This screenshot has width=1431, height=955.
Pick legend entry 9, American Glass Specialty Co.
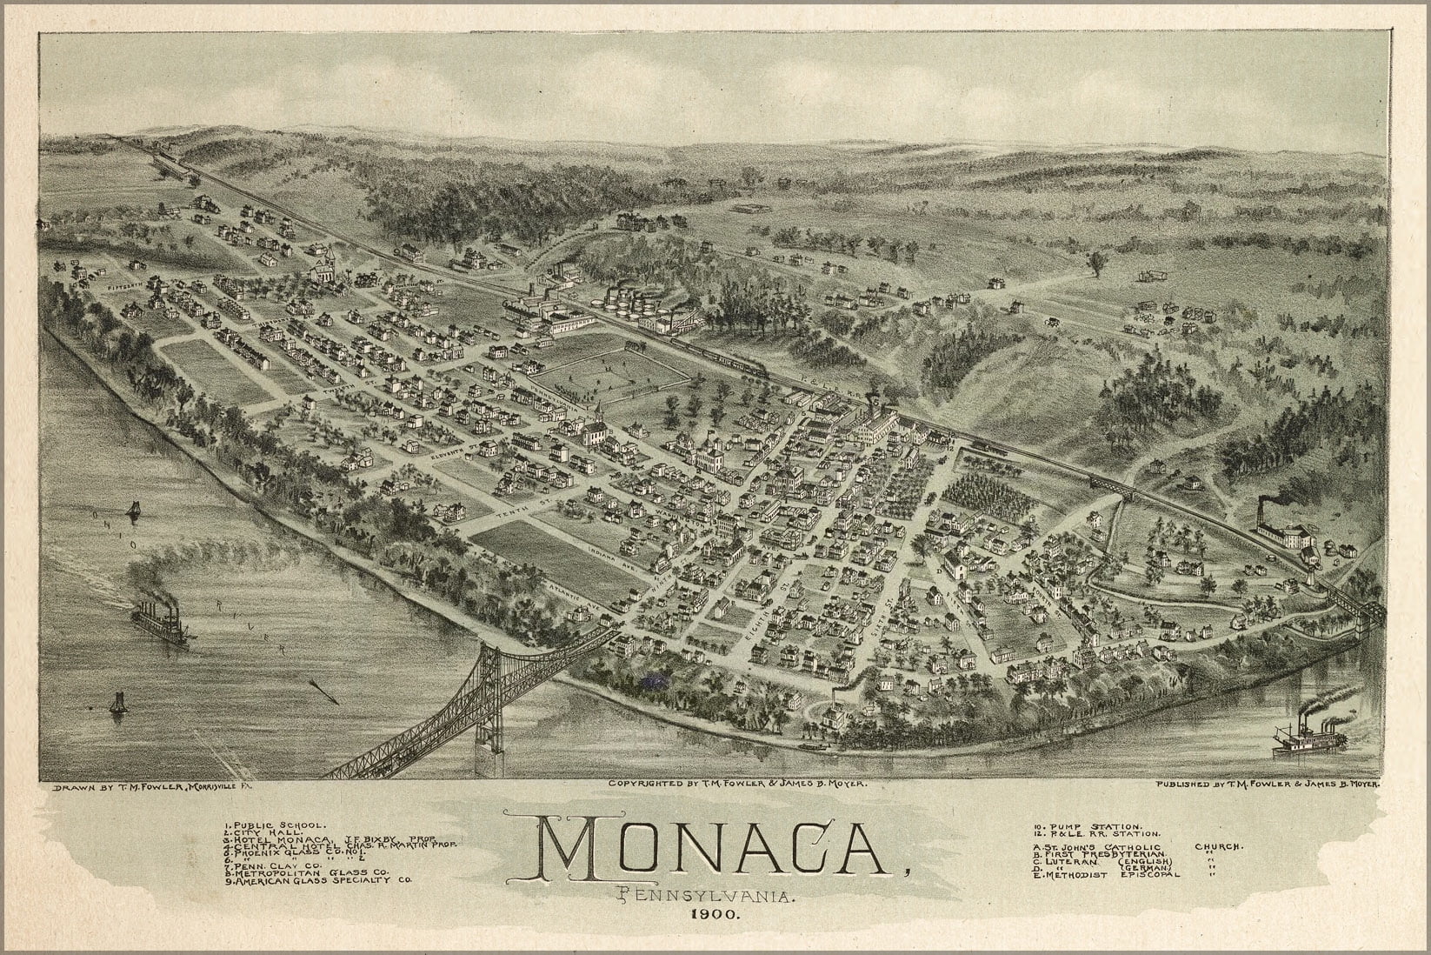pyautogui.click(x=320, y=880)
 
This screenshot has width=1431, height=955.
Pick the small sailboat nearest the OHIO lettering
pyautogui.click(x=133, y=511)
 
